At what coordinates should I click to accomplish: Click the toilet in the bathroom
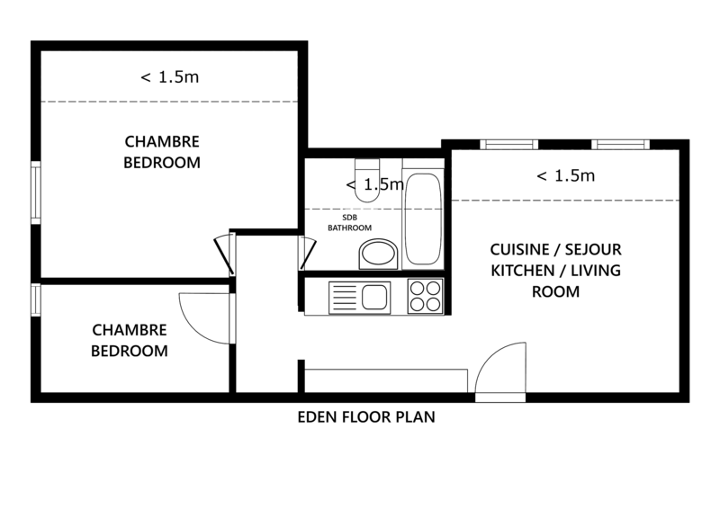pos(367,181)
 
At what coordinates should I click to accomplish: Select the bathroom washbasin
pos(378,254)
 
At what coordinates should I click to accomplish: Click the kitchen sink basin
pos(374,297)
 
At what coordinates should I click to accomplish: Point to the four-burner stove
pos(425,296)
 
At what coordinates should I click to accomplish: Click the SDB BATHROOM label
pos(349,223)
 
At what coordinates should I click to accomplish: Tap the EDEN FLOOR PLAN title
pos(366,416)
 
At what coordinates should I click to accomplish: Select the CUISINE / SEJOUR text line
pos(555,250)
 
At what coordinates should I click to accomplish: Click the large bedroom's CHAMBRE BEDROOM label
pos(162,152)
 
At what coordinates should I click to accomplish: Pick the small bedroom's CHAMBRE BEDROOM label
pos(130,340)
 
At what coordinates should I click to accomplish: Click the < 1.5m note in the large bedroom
pos(170,77)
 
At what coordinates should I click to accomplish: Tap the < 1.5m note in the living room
pos(566,175)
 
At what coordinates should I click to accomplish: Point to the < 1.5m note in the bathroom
pos(374,184)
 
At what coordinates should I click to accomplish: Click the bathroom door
pos(309,254)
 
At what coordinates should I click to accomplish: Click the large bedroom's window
pos(36,192)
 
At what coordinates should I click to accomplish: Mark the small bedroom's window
pos(36,299)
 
